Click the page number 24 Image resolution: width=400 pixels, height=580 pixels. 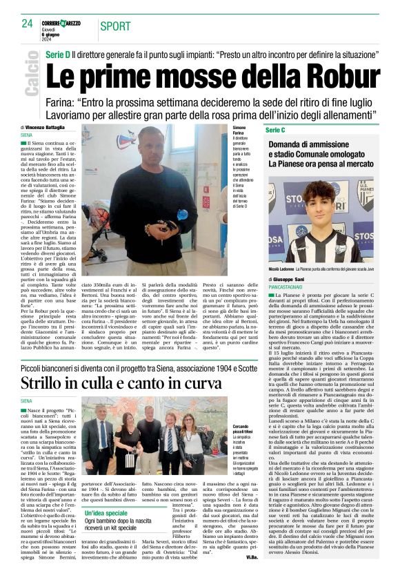click(x=28, y=23)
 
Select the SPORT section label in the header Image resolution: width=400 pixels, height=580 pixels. click(x=115, y=26)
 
